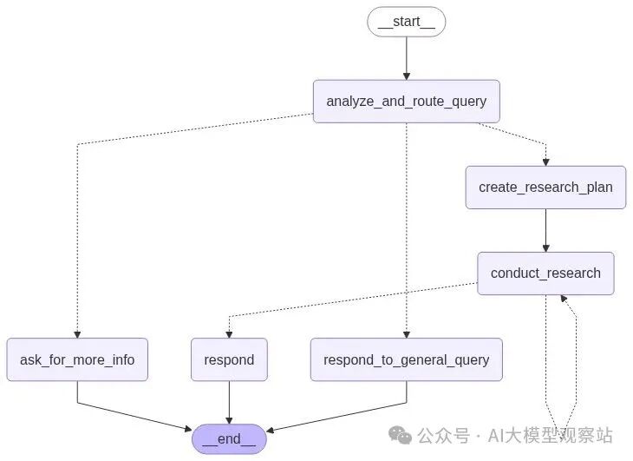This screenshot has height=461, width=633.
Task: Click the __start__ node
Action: pos(406,22)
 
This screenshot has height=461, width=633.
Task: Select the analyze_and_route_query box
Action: pos(406,101)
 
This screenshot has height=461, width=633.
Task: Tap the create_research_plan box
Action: pos(545,187)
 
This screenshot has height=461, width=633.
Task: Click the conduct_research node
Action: pos(545,273)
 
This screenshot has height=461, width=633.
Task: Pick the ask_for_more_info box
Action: pos(77,359)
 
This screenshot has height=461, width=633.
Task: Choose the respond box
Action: pos(229,359)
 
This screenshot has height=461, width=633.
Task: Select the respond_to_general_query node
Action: pos(406,359)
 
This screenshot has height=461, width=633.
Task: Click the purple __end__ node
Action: pos(229,438)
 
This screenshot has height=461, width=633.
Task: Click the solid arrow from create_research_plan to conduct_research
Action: pos(545,230)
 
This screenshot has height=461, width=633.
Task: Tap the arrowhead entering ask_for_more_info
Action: pos(77,333)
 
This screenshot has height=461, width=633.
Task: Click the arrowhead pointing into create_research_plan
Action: pos(545,161)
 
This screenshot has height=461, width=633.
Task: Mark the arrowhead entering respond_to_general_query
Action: pos(406,333)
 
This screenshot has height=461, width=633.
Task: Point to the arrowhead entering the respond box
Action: pos(229,333)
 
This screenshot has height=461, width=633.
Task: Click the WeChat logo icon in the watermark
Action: pos(401,435)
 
